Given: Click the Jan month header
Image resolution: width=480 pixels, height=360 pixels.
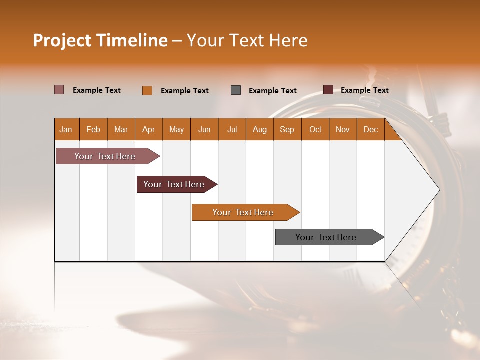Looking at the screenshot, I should click(66, 129).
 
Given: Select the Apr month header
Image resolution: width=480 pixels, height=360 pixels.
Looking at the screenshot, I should click(149, 129).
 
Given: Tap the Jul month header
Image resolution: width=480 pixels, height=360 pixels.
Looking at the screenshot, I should click(232, 129).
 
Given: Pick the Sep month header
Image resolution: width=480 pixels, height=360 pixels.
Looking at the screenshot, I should click(287, 129).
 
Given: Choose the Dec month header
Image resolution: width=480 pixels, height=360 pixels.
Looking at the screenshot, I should click(370, 129).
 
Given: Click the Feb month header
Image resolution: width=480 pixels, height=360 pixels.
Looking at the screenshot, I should click(93, 129).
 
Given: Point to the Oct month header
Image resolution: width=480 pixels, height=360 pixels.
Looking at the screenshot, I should click(315, 129).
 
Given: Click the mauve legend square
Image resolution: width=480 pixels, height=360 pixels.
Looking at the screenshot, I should click(59, 90).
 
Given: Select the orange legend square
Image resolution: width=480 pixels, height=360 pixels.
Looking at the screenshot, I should click(147, 90).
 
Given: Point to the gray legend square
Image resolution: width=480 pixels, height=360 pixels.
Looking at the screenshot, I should click(236, 90).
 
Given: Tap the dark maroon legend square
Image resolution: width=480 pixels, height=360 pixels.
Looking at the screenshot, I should click(328, 90).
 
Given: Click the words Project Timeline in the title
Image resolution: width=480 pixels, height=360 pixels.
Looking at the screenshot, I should click(100, 40).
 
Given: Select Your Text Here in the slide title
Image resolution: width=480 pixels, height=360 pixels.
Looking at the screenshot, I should click(247, 40).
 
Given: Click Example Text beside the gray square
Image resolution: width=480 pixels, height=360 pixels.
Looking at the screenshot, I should click(272, 91).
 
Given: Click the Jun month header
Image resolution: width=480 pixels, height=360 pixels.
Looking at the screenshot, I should click(204, 129).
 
